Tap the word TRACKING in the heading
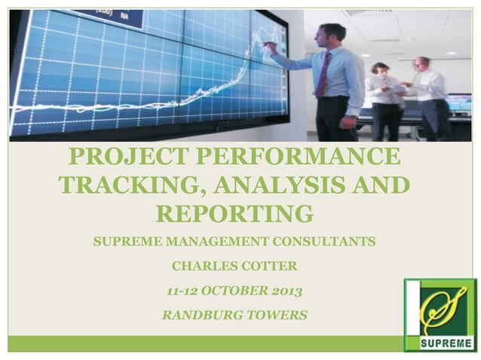click(124, 186)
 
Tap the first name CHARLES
click(201, 266)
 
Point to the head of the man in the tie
click(331, 34)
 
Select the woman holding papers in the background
click(384, 98)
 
